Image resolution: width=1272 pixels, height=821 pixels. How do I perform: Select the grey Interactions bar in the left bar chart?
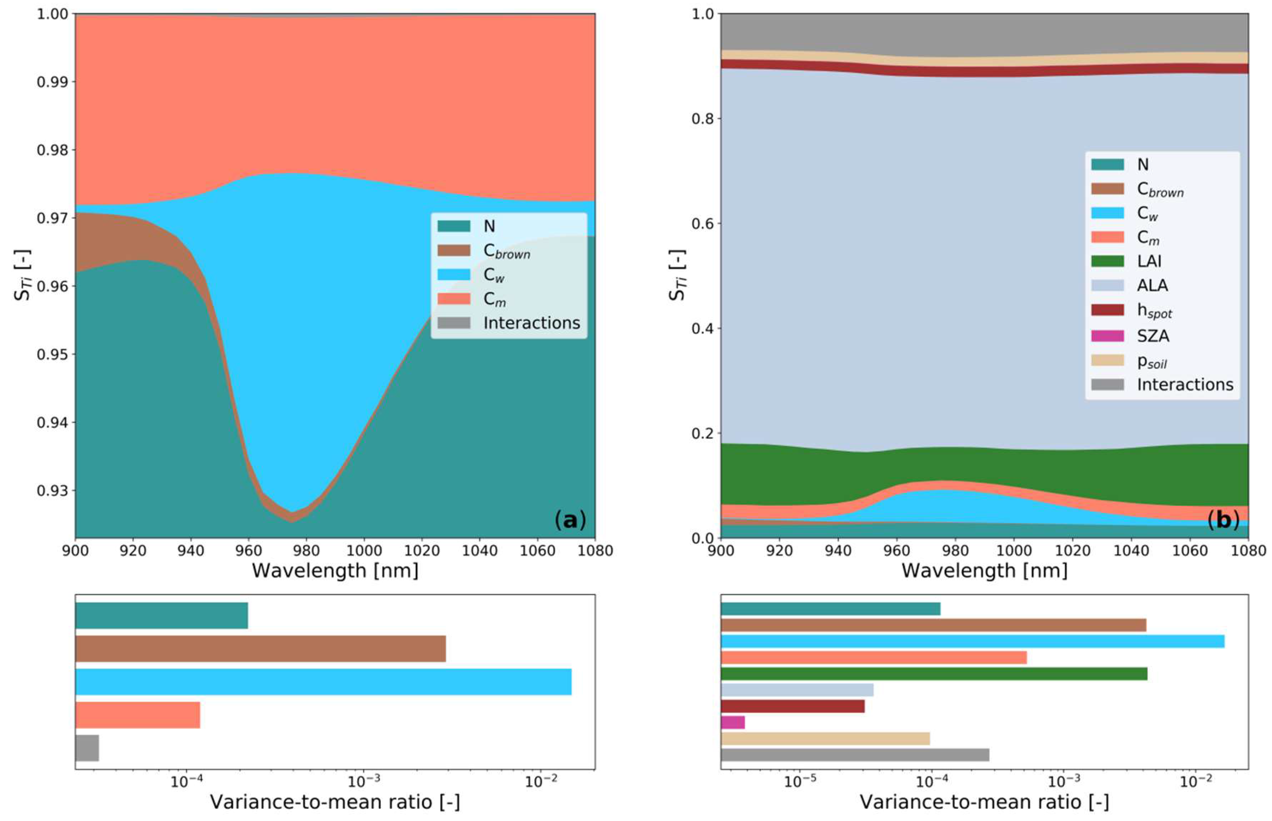pyautogui.click(x=87, y=748)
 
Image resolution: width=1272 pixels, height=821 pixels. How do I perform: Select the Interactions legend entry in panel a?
pyautogui.click(x=531, y=323)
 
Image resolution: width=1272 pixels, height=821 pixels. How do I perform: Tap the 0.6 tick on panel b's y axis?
pyautogui.click(x=702, y=223)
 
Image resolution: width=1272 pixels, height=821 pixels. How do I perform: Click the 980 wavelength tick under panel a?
pyautogui.click(x=306, y=551)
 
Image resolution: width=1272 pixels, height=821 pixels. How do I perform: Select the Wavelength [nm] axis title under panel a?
pyautogui.click(x=335, y=571)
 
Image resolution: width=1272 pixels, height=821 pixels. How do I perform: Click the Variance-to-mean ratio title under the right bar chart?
pyautogui.click(x=984, y=802)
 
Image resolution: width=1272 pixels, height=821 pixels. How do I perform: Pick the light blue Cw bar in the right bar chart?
pyautogui.click(x=972, y=641)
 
